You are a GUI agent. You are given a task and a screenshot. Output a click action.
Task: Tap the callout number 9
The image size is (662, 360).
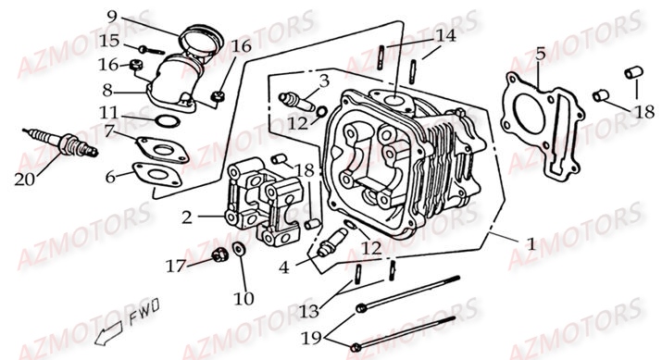[x=111, y=16]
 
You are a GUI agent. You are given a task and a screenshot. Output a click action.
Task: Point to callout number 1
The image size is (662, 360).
[x=531, y=245]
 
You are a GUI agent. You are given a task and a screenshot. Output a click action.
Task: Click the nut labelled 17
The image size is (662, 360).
[x=219, y=256]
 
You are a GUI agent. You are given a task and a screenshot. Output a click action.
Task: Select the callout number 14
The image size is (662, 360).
[x=447, y=36]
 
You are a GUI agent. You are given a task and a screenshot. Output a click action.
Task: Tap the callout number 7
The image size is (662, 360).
[x=109, y=132]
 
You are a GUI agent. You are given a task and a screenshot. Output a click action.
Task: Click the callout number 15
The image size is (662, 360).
[x=109, y=41]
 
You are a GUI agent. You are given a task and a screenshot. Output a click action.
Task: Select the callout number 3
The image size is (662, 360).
[x=323, y=81]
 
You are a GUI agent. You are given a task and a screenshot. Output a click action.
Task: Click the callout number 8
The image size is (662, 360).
[x=108, y=90]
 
